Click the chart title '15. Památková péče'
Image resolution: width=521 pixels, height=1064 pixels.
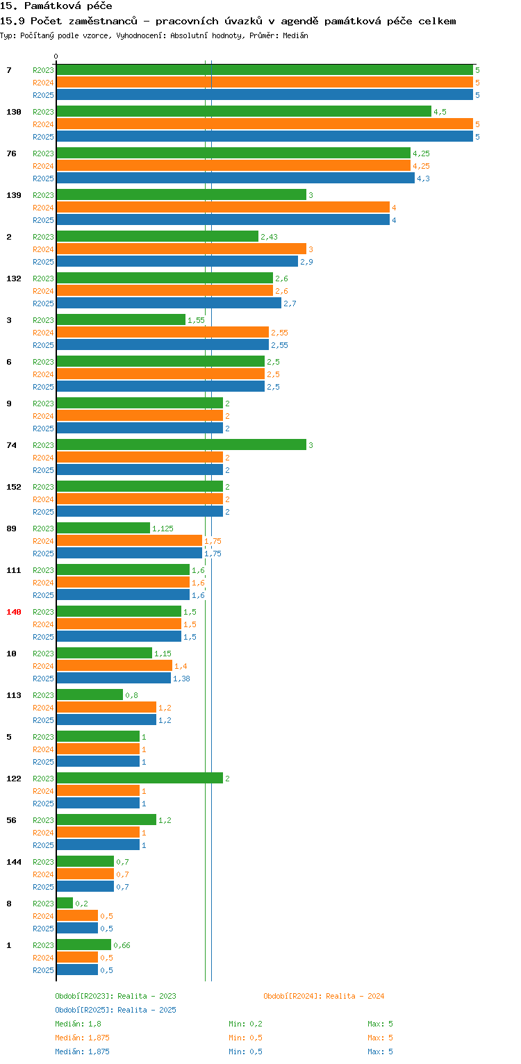click(x=57, y=6)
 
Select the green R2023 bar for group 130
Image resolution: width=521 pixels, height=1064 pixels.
click(x=243, y=112)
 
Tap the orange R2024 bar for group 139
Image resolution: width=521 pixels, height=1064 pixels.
click(x=222, y=208)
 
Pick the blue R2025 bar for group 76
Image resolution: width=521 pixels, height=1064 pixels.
click(x=235, y=178)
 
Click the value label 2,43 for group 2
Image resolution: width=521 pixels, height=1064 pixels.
click(x=269, y=237)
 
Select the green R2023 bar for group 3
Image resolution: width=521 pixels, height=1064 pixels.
click(x=121, y=320)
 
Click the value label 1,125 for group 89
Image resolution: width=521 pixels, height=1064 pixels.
click(x=163, y=529)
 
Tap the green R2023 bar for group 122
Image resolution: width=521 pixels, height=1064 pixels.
click(x=139, y=779)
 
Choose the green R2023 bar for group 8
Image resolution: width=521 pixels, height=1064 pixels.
click(x=65, y=904)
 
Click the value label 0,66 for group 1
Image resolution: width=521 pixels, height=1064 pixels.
click(x=122, y=945)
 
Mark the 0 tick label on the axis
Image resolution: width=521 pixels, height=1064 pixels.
click(x=56, y=56)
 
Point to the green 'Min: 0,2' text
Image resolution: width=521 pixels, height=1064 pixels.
click(x=245, y=1024)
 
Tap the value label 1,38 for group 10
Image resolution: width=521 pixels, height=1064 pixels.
click(x=181, y=679)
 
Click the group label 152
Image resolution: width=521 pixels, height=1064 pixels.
click(x=14, y=487)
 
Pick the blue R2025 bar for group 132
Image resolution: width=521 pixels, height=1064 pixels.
click(x=169, y=304)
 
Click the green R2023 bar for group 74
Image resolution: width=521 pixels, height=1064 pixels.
click(x=181, y=445)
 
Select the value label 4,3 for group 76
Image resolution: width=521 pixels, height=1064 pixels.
click(x=423, y=178)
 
